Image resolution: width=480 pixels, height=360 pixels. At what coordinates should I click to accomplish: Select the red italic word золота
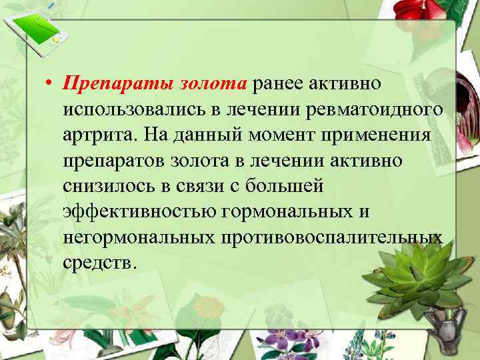coord(213,83)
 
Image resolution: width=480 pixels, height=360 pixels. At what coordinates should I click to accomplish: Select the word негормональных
coord(137,236)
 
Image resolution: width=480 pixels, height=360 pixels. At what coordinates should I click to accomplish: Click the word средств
coord(99,261)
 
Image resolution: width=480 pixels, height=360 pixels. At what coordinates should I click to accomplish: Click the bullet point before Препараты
coord(49,84)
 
